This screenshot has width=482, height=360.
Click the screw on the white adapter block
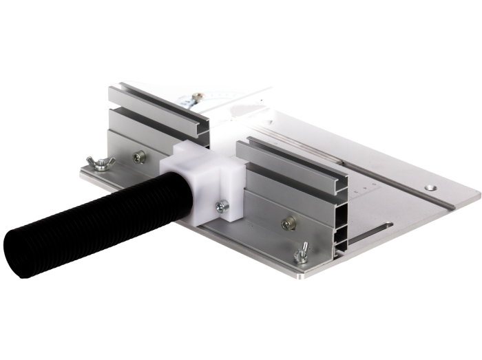[x=222, y=205]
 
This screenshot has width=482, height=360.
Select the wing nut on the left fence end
[x=101, y=163]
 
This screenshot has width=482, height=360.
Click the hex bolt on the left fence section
[x=139, y=157]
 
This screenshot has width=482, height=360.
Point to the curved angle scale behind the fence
[x=227, y=96]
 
